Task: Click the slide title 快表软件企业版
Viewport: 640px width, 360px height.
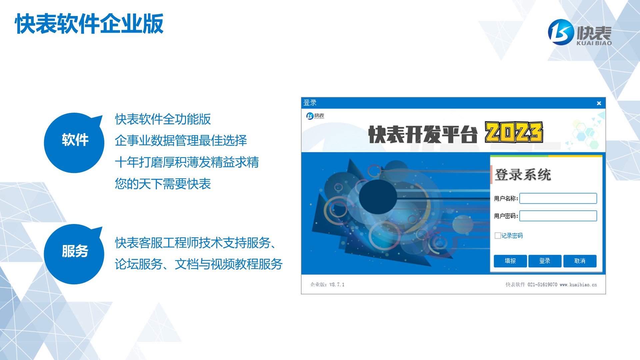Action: point(89,24)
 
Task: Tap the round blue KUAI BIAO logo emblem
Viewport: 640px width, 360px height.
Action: point(561,32)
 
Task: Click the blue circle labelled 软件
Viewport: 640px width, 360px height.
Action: point(74,143)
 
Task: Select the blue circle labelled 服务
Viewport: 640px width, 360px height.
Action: point(74,254)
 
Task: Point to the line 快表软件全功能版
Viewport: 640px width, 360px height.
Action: point(163,119)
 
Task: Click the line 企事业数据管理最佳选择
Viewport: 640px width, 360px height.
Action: point(181,140)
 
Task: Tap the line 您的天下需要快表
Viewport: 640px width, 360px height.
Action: point(163,184)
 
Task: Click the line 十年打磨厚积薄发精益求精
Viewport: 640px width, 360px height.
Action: point(187,162)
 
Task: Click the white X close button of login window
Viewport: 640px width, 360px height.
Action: point(599,103)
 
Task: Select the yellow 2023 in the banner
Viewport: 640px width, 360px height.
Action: point(514,132)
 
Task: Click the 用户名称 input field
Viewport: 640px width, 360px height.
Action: point(558,198)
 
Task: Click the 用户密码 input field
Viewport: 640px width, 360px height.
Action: point(558,216)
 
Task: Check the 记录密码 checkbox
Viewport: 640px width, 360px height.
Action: point(498,236)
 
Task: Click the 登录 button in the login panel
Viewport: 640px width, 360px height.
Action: point(545,261)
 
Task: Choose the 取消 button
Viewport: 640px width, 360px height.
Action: point(580,261)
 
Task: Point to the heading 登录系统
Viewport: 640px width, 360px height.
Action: point(523,175)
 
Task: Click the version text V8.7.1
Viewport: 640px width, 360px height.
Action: point(337,285)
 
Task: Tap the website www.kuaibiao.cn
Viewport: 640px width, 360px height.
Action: point(578,285)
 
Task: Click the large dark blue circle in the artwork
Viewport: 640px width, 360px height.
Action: point(378,197)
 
